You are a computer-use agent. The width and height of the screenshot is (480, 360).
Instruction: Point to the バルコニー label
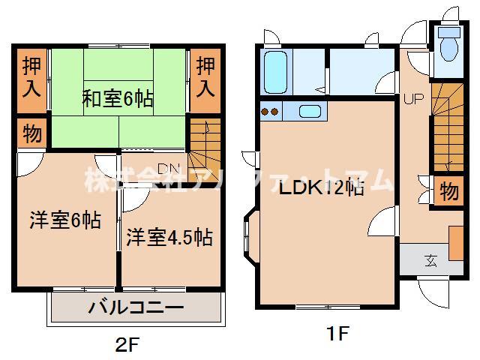(x=136, y=308)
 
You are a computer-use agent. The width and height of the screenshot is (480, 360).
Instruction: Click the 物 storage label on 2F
(x=31, y=135)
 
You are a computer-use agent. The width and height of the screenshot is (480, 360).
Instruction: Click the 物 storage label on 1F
(x=448, y=190)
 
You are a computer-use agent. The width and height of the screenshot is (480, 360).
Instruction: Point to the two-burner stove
(x=270, y=112)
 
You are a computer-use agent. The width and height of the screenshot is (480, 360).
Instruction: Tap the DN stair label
(x=168, y=167)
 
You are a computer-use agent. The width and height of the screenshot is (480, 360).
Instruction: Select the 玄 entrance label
(x=431, y=261)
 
